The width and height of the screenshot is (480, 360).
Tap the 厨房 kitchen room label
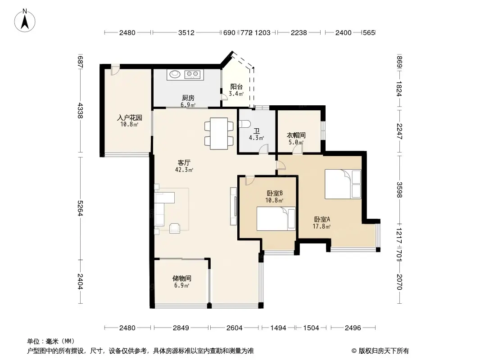188,98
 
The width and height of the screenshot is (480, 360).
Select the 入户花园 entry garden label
130,118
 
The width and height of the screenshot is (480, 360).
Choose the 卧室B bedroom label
274,193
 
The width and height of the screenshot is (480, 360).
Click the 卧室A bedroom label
322,219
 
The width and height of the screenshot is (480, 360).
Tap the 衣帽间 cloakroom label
296,135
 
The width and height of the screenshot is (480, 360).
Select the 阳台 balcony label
236,87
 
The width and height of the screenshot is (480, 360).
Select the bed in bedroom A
343,184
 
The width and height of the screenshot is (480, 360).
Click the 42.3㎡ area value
184,170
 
